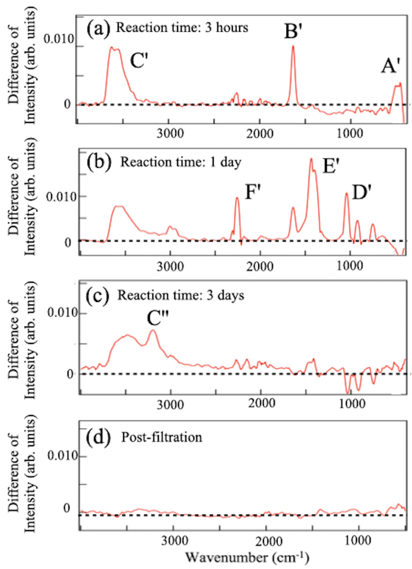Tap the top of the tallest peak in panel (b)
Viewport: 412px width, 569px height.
[x=311, y=158]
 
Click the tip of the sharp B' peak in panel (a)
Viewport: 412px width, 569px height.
[x=293, y=46]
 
